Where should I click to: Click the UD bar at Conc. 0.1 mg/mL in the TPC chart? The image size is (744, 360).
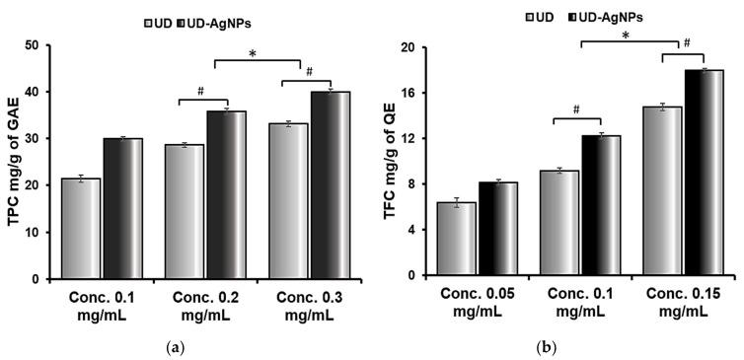80,228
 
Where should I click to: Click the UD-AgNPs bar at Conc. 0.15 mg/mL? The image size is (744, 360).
704,169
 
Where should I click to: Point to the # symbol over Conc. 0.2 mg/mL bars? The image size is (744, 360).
200,91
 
